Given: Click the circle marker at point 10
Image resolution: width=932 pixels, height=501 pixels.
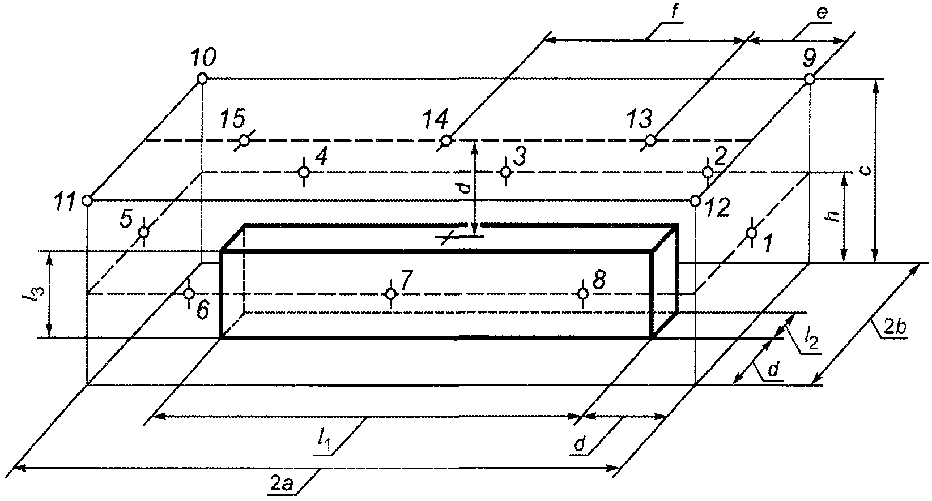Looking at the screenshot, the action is (202, 79).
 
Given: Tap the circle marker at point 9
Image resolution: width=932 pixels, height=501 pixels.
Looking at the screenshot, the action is (809, 79).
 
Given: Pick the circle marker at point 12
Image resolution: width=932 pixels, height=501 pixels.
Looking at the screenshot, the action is (695, 201).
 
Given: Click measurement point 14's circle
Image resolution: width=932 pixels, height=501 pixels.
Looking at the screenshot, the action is (446, 141).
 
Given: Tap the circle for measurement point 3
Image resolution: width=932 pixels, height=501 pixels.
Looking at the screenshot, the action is (505, 172).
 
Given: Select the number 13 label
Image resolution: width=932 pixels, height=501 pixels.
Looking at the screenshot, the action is (640, 119).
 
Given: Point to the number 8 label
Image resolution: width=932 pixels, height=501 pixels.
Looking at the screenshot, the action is (599, 281).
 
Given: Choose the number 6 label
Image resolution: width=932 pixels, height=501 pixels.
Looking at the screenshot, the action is (203, 310).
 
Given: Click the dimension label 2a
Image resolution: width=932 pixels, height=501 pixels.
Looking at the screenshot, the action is (282, 483).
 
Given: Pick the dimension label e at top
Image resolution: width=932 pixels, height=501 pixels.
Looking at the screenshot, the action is (822, 14).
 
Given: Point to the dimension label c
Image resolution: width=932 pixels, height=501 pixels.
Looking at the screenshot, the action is (866, 170).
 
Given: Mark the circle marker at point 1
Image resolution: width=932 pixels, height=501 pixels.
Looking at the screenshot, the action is (751, 233).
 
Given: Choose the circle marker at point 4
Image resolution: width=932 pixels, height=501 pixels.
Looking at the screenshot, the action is (304, 172).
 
